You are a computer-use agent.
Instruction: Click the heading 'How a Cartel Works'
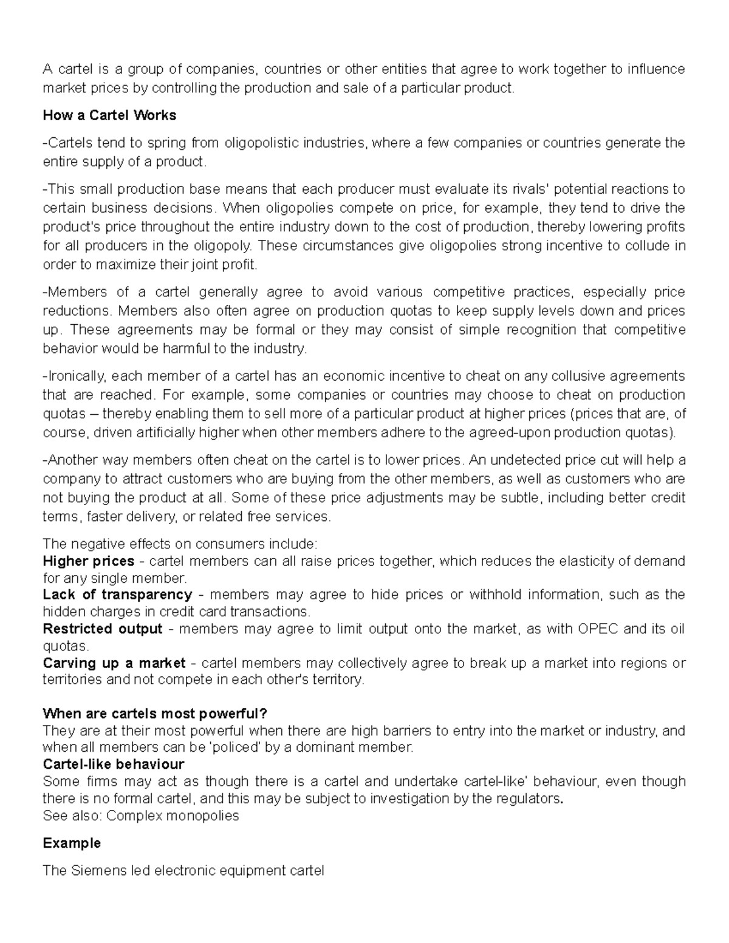coord(109,115)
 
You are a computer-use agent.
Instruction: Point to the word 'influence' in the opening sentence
coord(656,69)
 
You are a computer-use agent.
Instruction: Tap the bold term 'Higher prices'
coord(89,560)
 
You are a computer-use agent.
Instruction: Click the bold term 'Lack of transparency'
coord(117,594)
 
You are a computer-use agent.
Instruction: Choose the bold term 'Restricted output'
coord(103,628)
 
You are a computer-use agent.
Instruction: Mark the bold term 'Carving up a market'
coord(114,663)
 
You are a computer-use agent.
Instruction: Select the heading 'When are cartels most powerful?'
coord(155,713)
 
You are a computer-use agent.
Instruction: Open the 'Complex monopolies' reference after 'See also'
coord(173,815)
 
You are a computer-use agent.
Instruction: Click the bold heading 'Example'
coord(72,843)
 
